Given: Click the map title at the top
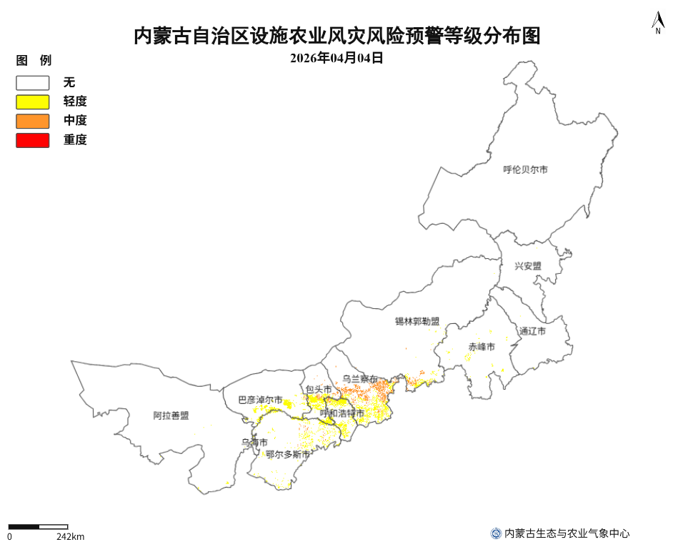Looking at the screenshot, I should click(x=336, y=36).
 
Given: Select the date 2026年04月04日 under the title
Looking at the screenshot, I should click(x=336, y=59).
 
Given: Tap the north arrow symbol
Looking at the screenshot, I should click(x=657, y=23).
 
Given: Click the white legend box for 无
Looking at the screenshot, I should click(x=33, y=83).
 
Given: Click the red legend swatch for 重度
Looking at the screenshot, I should click(x=33, y=140).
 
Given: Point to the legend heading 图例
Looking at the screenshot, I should click(x=34, y=61).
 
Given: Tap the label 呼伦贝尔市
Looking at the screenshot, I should click(x=525, y=170).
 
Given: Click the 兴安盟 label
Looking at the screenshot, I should click(x=528, y=266).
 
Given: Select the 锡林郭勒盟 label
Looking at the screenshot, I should click(x=417, y=322).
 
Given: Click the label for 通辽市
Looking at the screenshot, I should click(x=533, y=332).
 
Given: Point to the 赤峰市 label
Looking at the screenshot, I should click(x=482, y=347).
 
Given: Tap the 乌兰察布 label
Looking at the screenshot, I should click(x=360, y=379).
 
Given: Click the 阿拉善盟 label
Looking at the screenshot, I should click(x=171, y=415).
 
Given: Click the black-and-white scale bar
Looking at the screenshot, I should click(x=38, y=527).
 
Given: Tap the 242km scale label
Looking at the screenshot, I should click(x=70, y=537).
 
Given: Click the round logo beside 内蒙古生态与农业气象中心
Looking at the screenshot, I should click(x=496, y=533).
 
